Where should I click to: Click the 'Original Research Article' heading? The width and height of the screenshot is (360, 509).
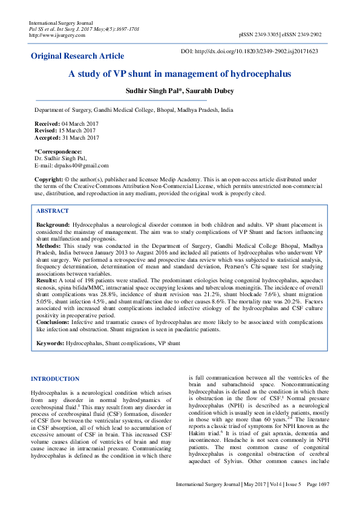coord(77,56)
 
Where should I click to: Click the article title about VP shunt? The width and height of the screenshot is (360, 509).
coord(179,74)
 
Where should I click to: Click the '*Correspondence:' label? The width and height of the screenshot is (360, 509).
coord(58,151)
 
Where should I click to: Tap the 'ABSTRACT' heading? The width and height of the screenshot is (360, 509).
coord(53,211)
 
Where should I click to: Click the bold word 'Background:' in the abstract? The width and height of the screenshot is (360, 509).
coord(53,224)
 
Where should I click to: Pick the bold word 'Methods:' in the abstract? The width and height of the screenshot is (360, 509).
coord(48,247)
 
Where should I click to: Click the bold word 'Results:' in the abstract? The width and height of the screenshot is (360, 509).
coord(47,281)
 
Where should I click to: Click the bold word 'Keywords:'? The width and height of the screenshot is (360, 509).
coord(50,343)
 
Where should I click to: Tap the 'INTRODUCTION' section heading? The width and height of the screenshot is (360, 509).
coord(55,379)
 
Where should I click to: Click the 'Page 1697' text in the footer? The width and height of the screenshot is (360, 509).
coord(316,502)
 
